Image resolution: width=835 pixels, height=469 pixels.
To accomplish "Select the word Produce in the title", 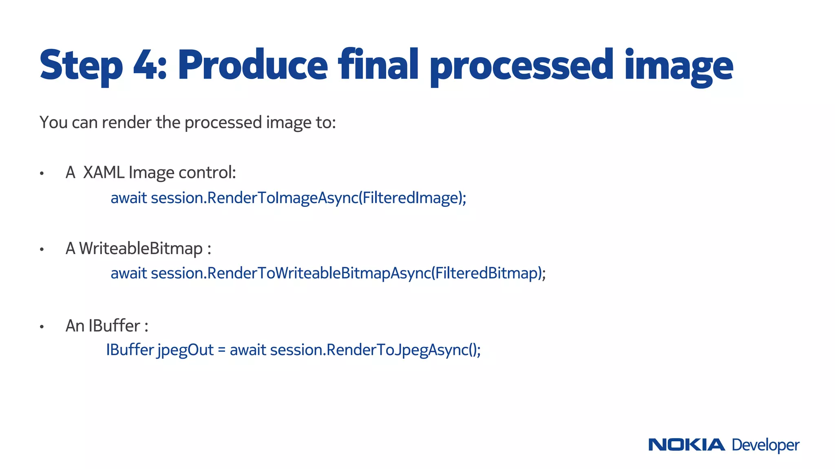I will pos(252,65).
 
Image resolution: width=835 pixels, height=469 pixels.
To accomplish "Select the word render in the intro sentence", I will pos(126,122).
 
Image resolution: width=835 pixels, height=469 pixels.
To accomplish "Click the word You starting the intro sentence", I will pos(53,122).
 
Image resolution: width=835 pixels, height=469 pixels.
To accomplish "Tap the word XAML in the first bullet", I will pos(104,173).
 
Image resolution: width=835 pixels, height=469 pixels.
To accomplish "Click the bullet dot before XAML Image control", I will pos(42,174).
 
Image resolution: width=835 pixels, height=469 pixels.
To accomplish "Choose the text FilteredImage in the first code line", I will pos(412,198).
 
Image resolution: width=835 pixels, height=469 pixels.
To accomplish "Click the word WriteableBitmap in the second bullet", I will pos(141,248).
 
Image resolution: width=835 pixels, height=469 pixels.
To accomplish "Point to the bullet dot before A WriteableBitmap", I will pos(42,250).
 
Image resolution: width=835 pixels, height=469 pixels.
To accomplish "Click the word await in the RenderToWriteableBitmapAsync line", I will pos(128,273).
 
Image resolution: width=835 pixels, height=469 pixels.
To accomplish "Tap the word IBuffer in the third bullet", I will pos(114,326).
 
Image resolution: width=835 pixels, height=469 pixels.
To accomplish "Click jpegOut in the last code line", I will pos(186,350).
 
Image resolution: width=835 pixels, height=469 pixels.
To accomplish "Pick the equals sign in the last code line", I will pos(221,351).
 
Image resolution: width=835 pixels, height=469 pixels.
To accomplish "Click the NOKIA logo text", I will pos(687,445).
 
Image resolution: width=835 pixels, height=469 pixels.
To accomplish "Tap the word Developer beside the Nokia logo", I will pos(765,445).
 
